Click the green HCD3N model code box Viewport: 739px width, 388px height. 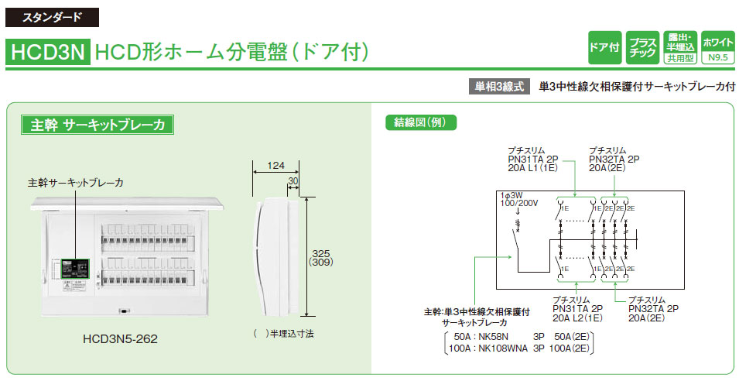click(47, 52)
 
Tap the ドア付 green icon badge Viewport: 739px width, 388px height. click(604, 47)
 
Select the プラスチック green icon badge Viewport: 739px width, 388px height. click(642, 47)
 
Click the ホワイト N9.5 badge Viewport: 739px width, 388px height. click(717, 47)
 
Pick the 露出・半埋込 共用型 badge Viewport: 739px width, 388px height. click(679, 47)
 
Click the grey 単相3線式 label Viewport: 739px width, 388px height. click(500, 87)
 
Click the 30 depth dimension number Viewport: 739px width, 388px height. click(293, 181)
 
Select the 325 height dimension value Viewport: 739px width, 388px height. click(319, 253)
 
